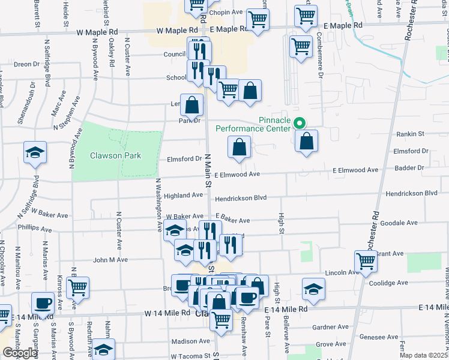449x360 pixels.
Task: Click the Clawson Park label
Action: [115, 155]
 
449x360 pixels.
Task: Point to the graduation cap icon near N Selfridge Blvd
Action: [35, 152]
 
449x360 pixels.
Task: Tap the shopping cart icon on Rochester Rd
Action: [366, 261]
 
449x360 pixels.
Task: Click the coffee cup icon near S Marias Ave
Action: [43, 303]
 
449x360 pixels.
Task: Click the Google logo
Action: [20, 353]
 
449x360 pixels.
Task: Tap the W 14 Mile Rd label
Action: [167, 313]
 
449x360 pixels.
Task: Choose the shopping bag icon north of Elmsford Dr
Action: [239, 146]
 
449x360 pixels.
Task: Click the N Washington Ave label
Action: [159, 205]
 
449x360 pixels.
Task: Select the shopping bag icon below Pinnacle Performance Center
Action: [306, 141]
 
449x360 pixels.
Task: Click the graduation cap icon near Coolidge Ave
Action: [313, 289]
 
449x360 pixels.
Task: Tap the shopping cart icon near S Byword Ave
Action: [77, 287]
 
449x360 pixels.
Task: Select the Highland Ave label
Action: [184, 195]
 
